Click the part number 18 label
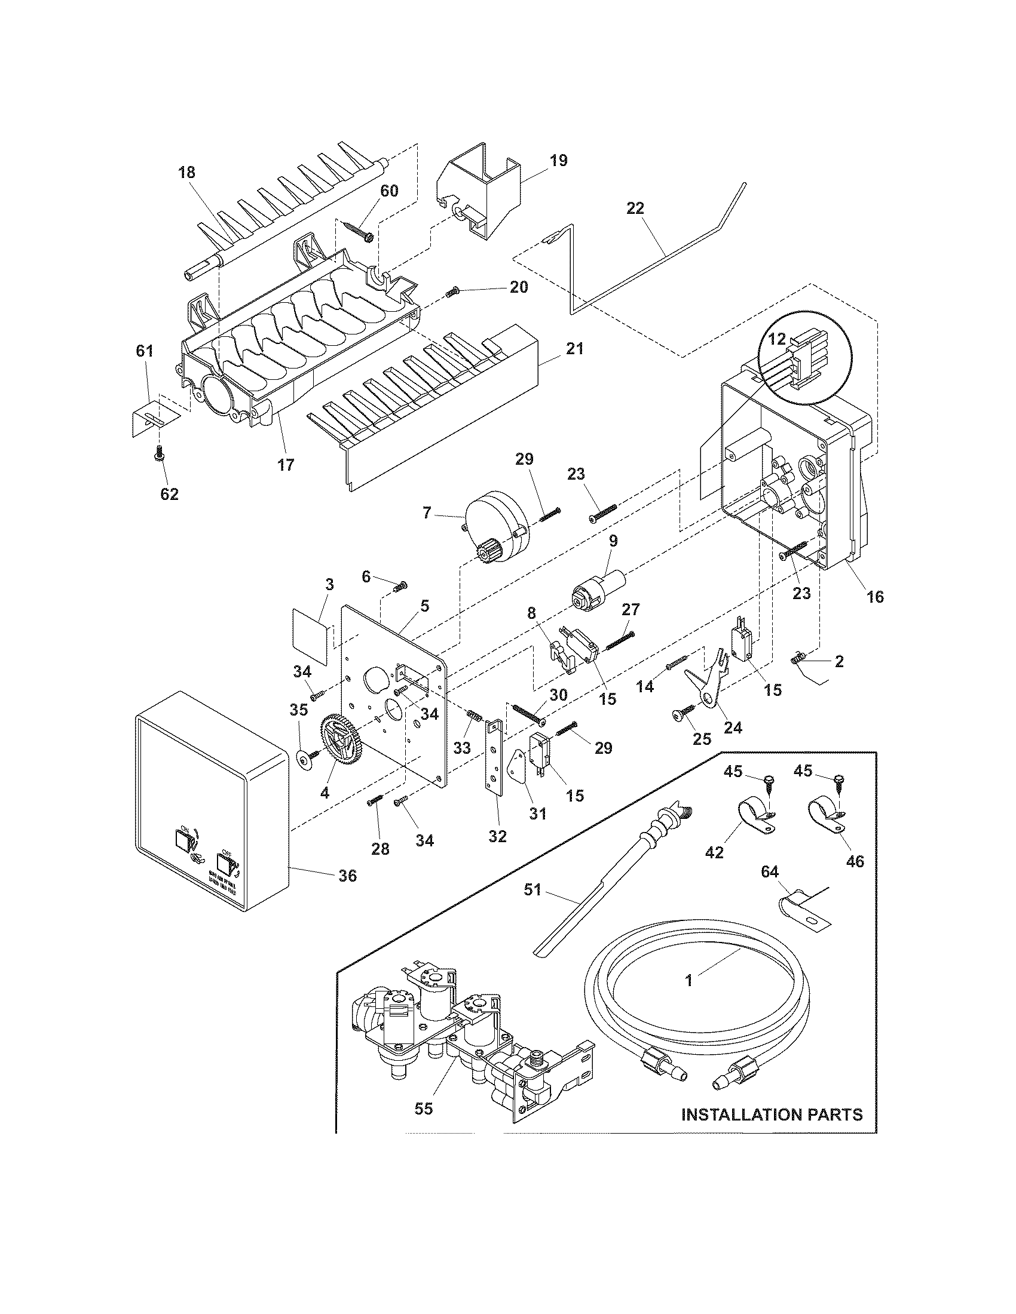(186, 173)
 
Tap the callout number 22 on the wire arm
(635, 208)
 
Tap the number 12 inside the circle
(778, 339)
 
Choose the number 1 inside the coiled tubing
(689, 981)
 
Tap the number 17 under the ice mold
(286, 465)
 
